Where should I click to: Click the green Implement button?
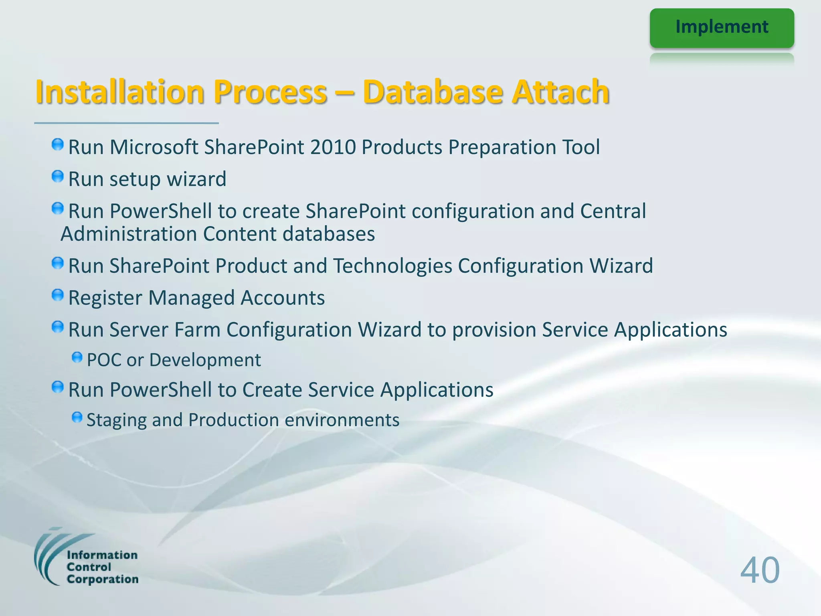tap(722, 28)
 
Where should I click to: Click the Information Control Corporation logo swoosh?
tap(48, 557)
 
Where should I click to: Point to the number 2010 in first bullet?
tap(333, 147)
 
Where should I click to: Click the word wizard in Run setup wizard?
tap(196, 179)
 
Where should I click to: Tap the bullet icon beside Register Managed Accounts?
tap(58, 295)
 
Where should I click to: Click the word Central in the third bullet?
tap(613, 211)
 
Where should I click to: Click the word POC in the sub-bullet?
tap(104, 360)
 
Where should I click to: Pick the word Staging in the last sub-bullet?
tap(117, 420)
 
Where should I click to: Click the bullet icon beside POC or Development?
tap(77, 357)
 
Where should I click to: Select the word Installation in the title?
tap(120, 92)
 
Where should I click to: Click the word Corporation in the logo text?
tap(103, 579)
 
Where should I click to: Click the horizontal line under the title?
tap(126, 123)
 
